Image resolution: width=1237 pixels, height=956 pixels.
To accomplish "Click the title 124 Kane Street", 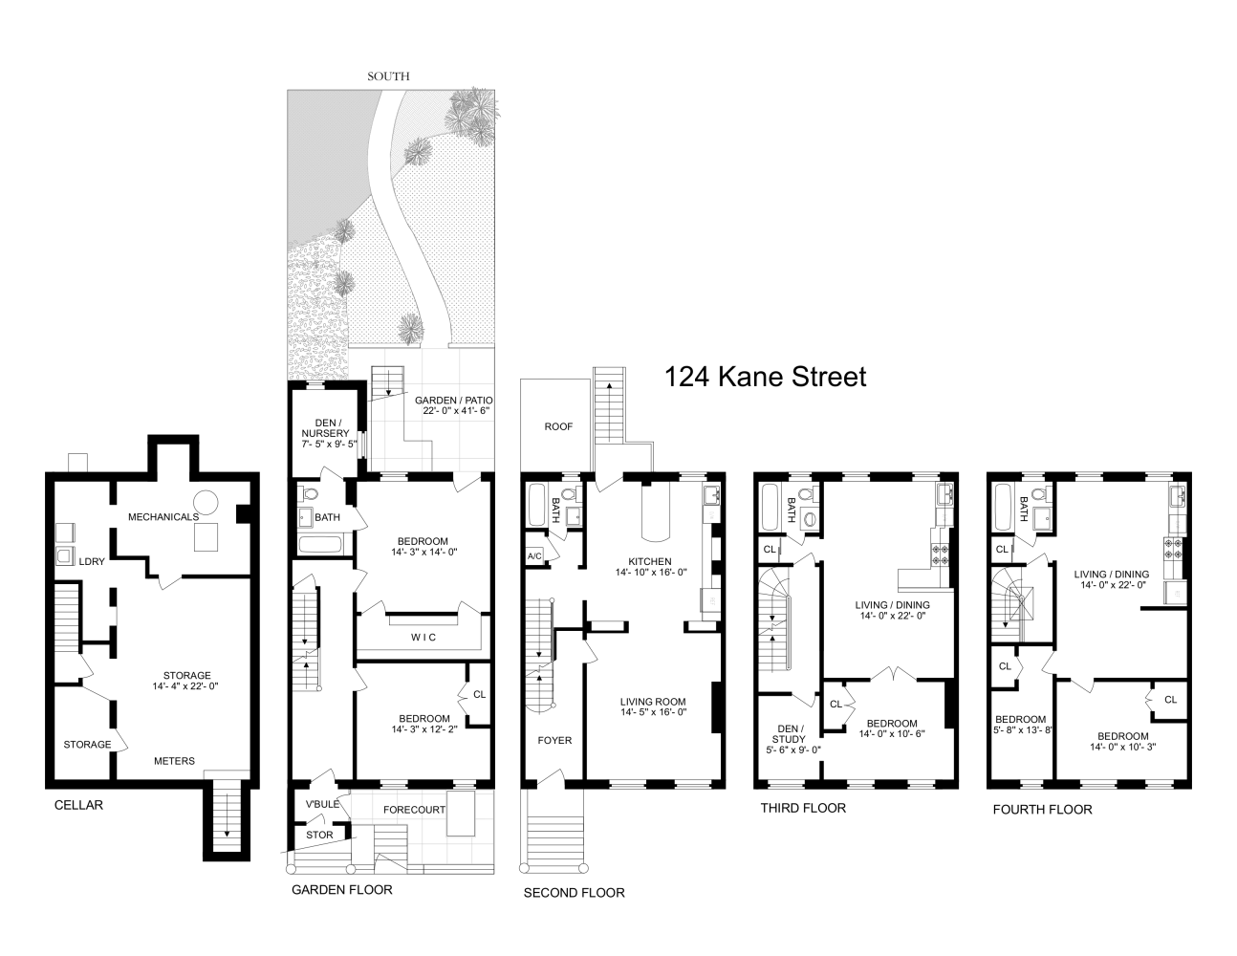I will click(x=765, y=377).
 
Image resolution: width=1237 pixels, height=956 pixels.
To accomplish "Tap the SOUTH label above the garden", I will click(x=389, y=76).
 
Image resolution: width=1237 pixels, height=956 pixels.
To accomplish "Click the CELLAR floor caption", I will click(x=78, y=805).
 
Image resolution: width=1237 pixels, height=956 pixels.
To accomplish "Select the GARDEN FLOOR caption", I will click(x=341, y=890).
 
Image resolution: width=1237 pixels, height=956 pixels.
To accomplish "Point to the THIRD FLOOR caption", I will click(x=803, y=808).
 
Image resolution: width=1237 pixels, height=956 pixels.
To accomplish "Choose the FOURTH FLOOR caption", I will click(x=1042, y=809).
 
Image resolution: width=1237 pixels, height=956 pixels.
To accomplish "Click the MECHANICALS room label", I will click(x=164, y=516).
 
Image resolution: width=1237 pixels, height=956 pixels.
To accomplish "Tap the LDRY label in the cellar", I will click(x=92, y=561).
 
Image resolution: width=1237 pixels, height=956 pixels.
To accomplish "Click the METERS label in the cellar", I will click(x=175, y=761).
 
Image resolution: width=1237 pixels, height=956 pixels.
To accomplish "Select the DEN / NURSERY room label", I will click(x=325, y=433).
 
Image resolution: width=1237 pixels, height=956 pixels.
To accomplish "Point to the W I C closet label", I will click(x=423, y=637).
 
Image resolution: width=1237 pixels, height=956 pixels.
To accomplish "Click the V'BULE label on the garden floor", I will click(x=322, y=804).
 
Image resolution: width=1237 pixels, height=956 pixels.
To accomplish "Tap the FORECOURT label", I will click(x=414, y=810).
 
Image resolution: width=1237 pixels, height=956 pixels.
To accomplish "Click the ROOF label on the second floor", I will click(x=558, y=426).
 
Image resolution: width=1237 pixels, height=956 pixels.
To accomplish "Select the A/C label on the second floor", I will click(x=535, y=555).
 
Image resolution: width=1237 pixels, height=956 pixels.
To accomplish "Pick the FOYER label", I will click(x=554, y=740).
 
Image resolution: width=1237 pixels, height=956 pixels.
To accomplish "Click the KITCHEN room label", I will click(x=650, y=561).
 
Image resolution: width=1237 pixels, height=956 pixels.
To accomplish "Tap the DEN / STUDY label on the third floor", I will click(x=790, y=737).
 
